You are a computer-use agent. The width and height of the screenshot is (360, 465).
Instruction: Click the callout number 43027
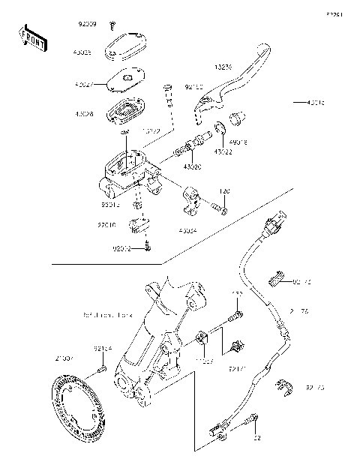(x=85, y=86)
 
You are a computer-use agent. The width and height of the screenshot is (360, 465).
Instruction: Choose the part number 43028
(x=85, y=114)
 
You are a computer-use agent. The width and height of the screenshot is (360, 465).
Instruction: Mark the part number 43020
(x=192, y=166)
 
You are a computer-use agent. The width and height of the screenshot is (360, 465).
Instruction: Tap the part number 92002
(x=121, y=248)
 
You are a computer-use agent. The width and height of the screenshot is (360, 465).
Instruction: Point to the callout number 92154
(x=103, y=349)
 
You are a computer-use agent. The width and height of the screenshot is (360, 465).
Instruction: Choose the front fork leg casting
(x=154, y=337)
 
